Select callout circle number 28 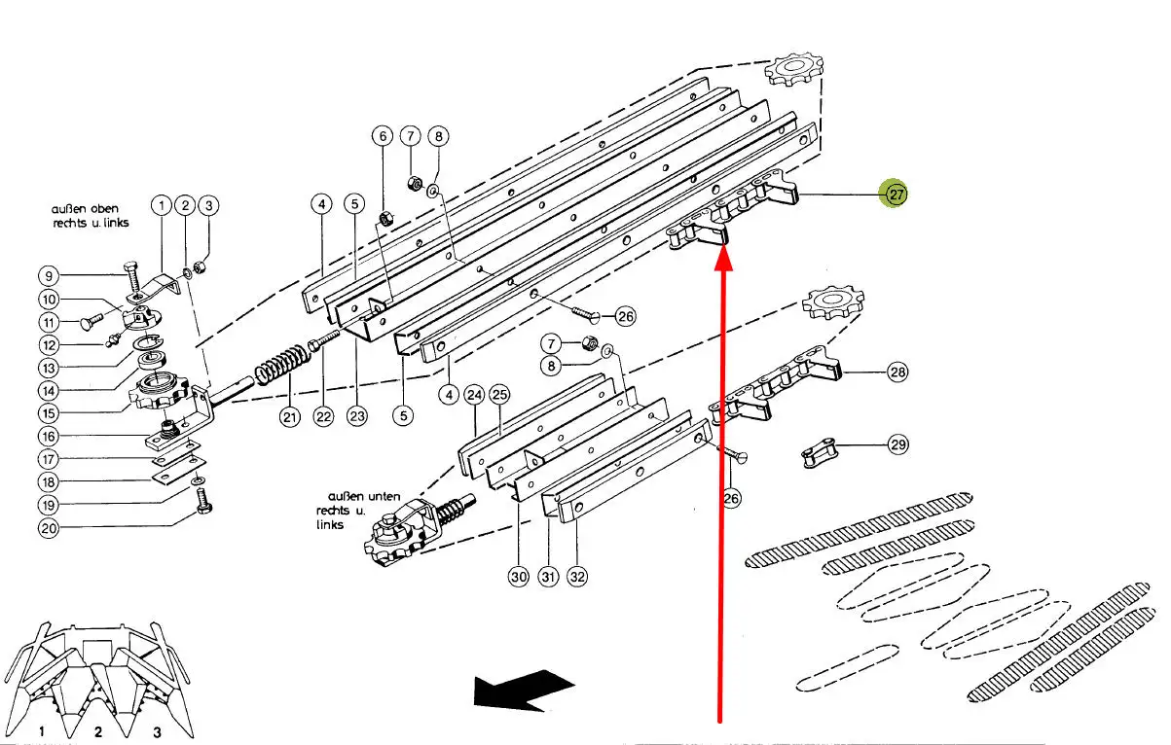[897, 372]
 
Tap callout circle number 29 [897, 445]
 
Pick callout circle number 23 [358, 417]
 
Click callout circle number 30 [518, 577]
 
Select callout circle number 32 [578, 577]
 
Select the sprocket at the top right [793, 70]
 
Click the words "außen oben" [86, 209]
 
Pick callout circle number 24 [474, 395]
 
